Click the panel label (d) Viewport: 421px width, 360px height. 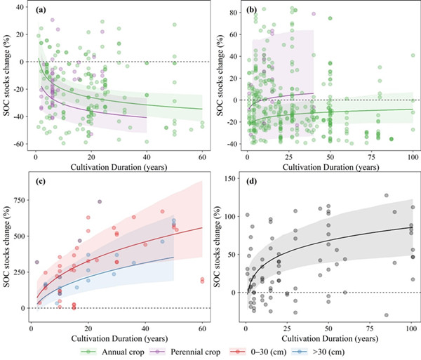[x=249, y=184]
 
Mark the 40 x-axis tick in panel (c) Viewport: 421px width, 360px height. [x=145, y=328]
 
